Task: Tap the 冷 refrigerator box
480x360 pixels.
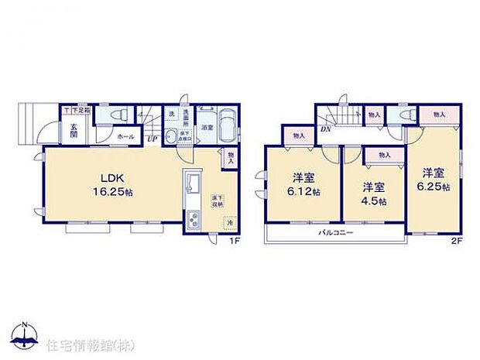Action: pos(229,224)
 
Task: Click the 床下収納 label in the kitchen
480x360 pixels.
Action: pos(218,201)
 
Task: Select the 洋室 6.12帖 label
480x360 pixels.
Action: pos(298,182)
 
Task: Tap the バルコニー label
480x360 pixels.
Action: pos(334,232)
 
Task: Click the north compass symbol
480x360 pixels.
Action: pos(26,334)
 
